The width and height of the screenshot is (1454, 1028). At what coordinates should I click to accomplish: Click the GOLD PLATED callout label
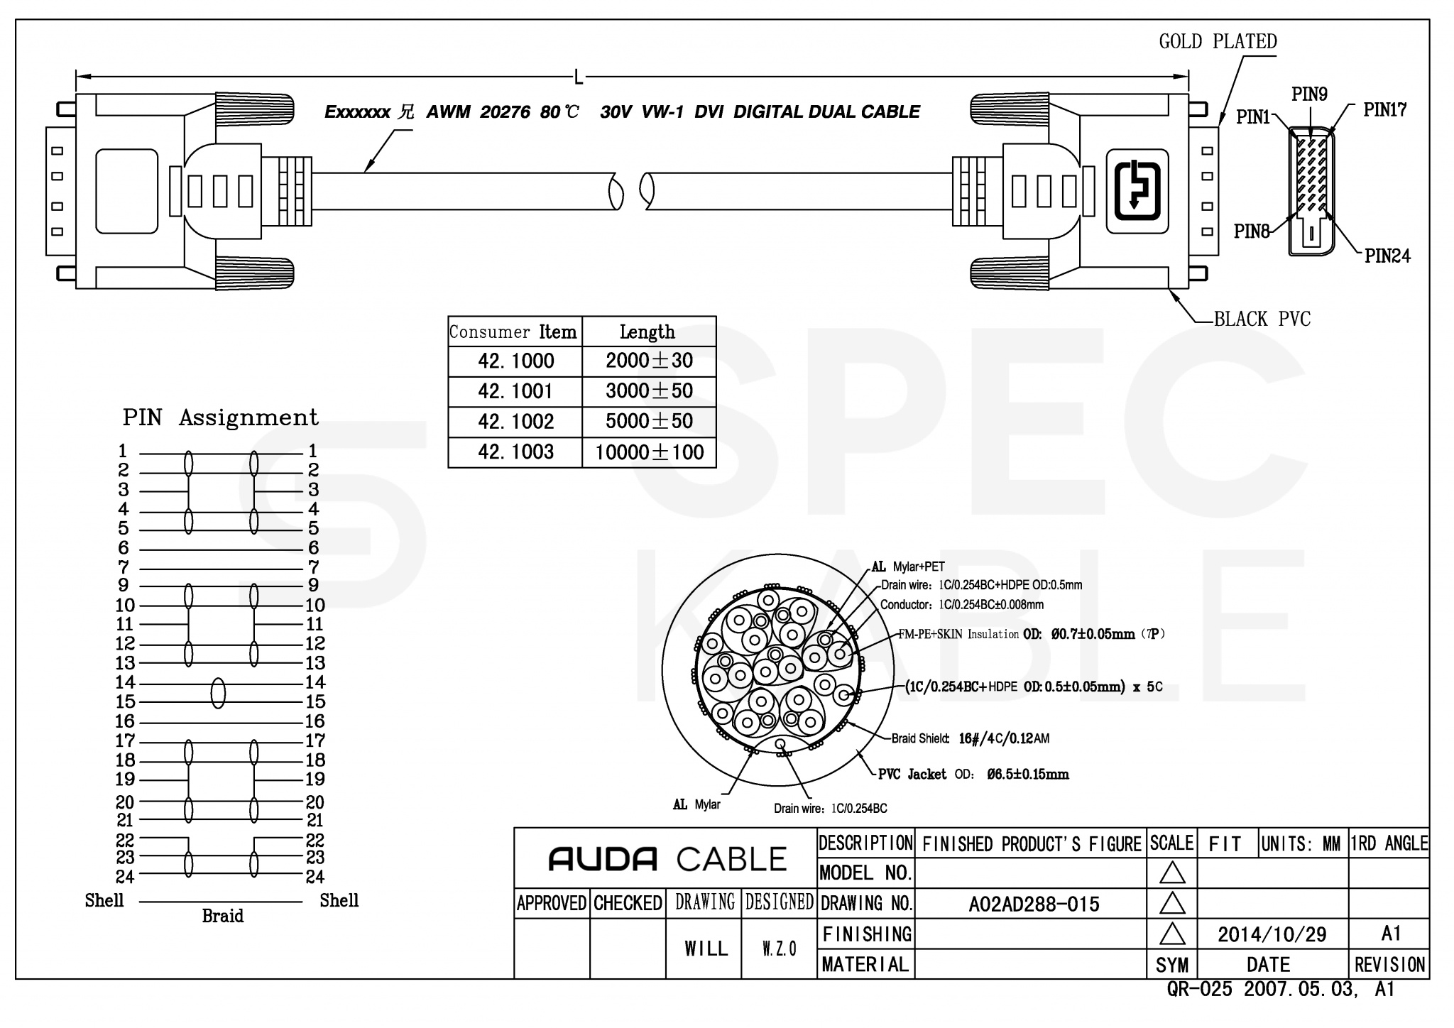click(1218, 42)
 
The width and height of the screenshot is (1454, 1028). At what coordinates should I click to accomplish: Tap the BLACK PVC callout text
click(1262, 319)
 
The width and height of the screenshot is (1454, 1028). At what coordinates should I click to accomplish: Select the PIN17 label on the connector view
click(1384, 110)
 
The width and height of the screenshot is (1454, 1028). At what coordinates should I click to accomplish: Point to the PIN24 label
click(1387, 256)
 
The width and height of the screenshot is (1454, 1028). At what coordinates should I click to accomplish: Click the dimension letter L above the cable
click(579, 77)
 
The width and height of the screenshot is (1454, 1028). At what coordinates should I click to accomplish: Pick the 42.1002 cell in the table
click(515, 422)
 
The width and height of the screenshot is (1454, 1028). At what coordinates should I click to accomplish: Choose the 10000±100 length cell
click(649, 452)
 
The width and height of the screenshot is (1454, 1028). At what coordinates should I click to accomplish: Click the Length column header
click(647, 332)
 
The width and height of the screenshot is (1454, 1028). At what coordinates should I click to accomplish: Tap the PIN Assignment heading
click(220, 417)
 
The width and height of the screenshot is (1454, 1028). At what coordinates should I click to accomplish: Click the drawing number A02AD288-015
click(1034, 904)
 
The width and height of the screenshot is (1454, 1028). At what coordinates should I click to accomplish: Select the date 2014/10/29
click(1272, 934)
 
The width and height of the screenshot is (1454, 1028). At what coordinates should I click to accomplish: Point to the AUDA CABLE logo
click(667, 860)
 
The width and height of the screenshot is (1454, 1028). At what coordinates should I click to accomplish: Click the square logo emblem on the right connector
click(1137, 191)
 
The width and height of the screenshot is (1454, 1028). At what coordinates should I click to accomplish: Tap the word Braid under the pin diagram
click(222, 916)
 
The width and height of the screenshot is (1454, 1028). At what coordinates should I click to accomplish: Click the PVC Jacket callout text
click(912, 775)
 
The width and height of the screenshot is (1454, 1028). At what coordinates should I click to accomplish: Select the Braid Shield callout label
click(920, 738)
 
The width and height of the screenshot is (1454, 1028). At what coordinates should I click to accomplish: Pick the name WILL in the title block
click(706, 948)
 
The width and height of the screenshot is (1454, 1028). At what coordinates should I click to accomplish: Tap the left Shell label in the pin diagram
click(104, 900)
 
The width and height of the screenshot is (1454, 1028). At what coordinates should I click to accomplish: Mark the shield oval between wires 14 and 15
click(219, 692)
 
